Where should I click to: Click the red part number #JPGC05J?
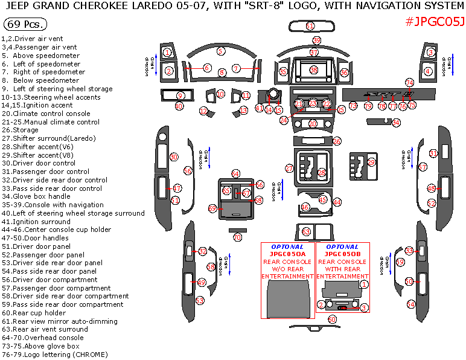coord(435,22)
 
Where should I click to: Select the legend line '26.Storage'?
coord(20,130)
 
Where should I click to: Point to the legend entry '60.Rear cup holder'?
coord(34,313)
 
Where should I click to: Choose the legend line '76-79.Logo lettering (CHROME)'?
coord(54,355)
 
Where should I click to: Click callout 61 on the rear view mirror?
coord(310,27)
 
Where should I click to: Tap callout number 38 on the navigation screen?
coord(314,70)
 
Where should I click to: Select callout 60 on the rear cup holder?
coord(331,319)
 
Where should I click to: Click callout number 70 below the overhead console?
coord(237,237)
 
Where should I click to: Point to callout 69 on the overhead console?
coord(212,208)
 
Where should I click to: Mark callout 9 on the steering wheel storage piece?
coord(180,95)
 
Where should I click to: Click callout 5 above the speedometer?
coord(222,51)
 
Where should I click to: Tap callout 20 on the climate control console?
coord(313,124)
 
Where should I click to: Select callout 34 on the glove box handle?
coord(396,123)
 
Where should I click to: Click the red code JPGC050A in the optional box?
coord(287,254)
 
